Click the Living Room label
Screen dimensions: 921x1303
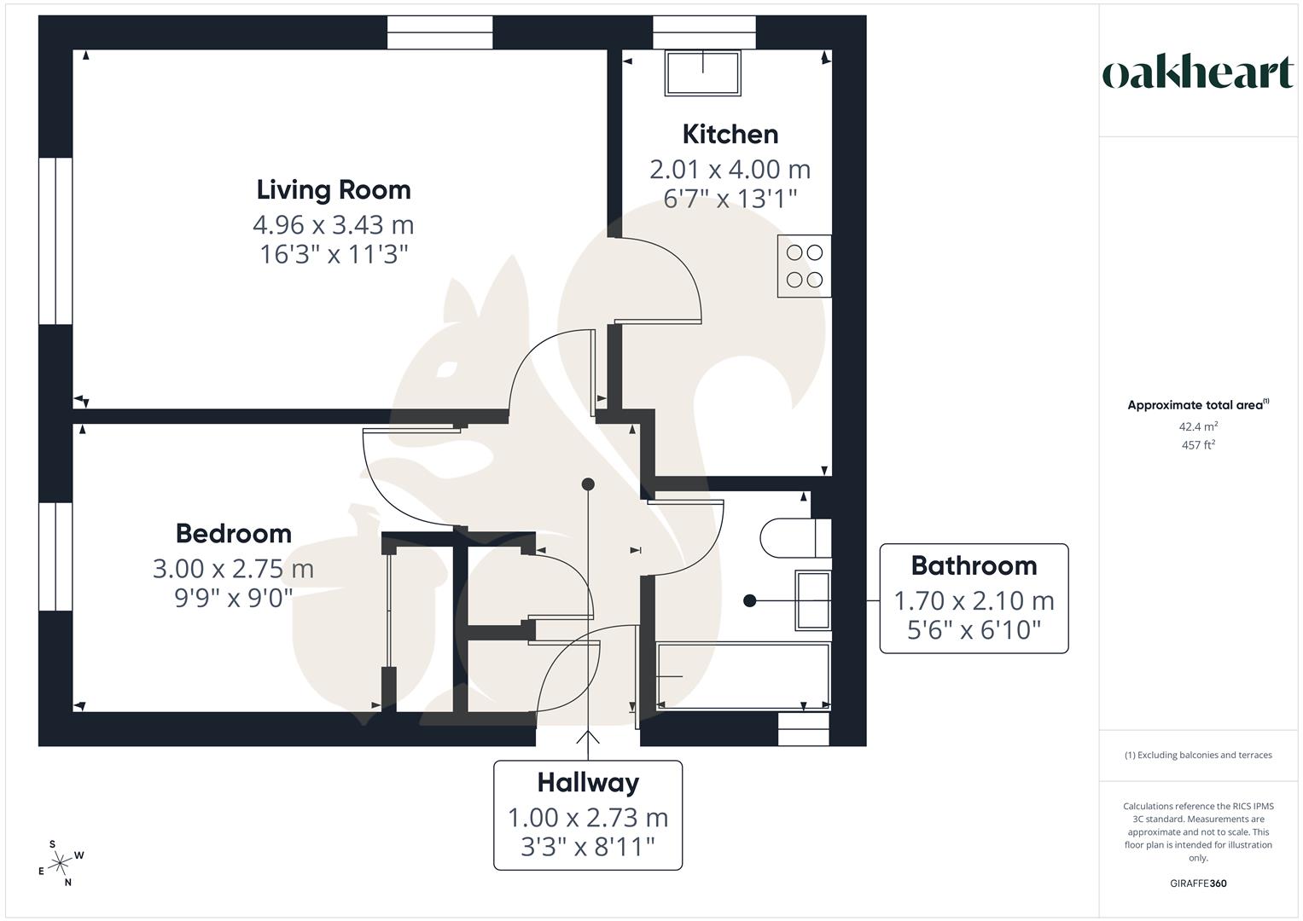(334, 189)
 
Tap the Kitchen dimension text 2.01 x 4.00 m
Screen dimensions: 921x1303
(730, 169)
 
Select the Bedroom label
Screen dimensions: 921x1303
(234, 533)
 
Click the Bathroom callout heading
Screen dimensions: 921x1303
(974, 565)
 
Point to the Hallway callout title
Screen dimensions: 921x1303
(588, 782)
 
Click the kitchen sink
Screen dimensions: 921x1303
(703, 72)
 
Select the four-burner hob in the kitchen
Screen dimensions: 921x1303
(804, 266)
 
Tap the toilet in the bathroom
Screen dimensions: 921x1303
(794, 537)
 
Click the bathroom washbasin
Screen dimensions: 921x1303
(812, 600)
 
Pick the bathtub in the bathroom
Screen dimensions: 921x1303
(742, 676)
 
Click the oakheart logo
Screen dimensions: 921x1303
(1198, 73)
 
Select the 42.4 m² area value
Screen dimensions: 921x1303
(1198, 426)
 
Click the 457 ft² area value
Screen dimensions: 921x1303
(1198, 445)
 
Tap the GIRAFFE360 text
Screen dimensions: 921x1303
(1198, 883)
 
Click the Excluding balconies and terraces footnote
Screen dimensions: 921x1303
(1198, 755)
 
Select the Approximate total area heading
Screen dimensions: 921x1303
(1196, 405)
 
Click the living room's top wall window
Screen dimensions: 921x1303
(440, 32)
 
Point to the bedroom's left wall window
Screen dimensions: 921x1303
(55, 556)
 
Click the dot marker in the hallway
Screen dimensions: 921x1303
(588, 484)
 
